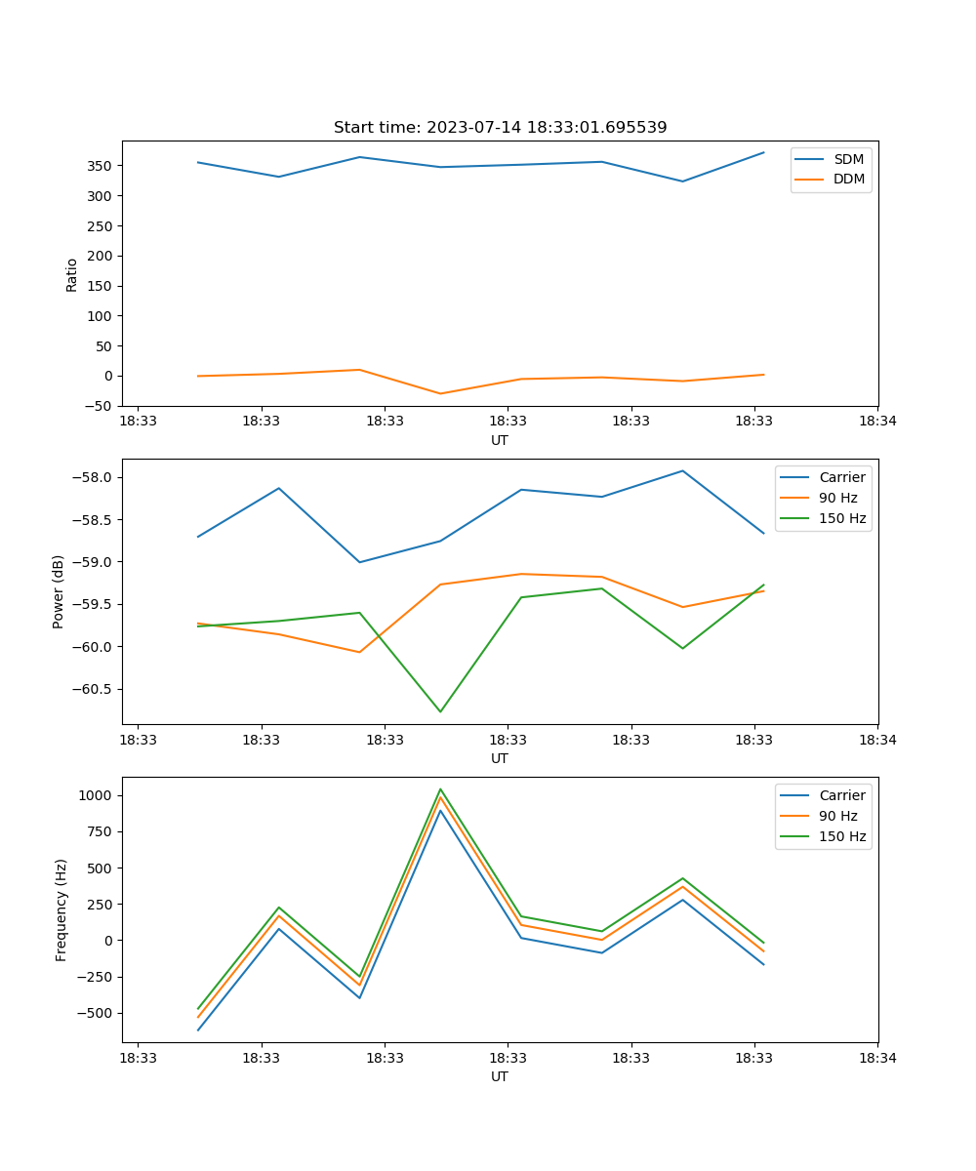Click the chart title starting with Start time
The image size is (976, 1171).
tap(500, 128)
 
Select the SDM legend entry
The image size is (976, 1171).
tap(848, 159)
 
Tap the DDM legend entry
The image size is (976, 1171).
tap(848, 179)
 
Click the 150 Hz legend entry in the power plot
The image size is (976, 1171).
tap(842, 518)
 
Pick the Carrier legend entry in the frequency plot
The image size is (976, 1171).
tap(841, 795)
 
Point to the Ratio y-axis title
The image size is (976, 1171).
tap(71, 274)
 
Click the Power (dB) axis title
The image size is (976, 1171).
tap(59, 591)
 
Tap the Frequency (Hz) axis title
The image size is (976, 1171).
tap(61, 909)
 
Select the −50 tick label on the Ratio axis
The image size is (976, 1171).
tap(98, 406)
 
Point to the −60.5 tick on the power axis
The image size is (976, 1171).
tap(91, 689)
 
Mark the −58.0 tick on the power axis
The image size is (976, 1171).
tap(91, 477)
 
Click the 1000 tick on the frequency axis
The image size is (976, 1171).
tap(97, 795)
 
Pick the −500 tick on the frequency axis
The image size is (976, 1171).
tap(94, 1013)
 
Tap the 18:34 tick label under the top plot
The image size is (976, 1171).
tap(876, 422)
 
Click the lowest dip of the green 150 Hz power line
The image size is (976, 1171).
tap(440, 711)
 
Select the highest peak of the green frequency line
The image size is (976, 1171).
tap(440, 788)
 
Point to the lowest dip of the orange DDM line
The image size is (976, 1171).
tap(440, 393)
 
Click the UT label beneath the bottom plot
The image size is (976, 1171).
tap(500, 1076)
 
